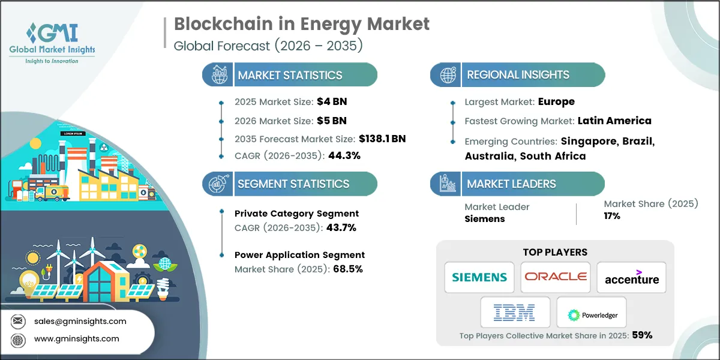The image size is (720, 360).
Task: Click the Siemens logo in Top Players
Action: (x=479, y=277)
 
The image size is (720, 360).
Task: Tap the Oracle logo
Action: (x=556, y=277)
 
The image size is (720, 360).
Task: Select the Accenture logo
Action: (x=631, y=278)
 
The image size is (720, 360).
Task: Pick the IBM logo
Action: (x=514, y=313)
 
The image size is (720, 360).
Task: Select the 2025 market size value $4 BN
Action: (x=331, y=103)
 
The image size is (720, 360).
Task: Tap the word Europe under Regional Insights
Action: (x=556, y=102)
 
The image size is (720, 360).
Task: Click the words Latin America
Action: (x=614, y=121)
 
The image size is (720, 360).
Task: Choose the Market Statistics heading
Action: (x=290, y=75)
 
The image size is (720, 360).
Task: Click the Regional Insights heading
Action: (x=518, y=75)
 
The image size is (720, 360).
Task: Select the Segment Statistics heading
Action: (x=293, y=184)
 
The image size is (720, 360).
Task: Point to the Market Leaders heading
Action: (x=511, y=184)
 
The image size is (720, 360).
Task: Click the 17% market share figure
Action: (x=612, y=216)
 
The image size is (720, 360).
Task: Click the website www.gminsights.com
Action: (x=76, y=339)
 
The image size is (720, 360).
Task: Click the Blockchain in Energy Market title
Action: (x=302, y=24)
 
